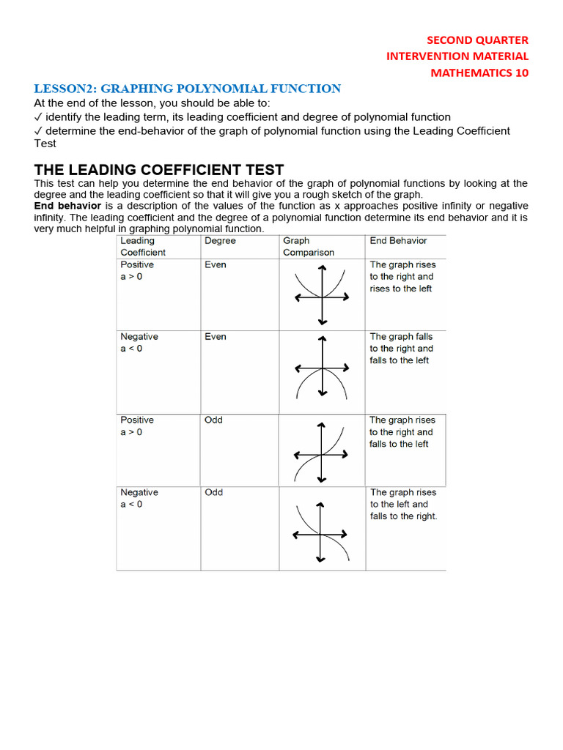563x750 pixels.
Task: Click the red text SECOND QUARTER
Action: [x=477, y=40]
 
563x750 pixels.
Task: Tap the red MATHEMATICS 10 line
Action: [x=479, y=73]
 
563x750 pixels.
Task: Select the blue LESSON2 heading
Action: [x=188, y=89]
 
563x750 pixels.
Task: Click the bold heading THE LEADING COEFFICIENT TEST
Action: [x=159, y=170]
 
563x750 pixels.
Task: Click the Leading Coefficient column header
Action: [x=143, y=246]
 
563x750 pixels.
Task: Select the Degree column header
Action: [x=220, y=241]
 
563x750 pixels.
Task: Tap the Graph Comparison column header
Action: [x=309, y=246]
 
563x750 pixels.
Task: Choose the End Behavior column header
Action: [x=398, y=241]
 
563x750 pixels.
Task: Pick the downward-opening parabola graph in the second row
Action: [x=321, y=371]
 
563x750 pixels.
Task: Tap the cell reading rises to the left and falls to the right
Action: [x=403, y=505]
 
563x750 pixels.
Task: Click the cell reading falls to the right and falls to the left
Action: [x=402, y=349]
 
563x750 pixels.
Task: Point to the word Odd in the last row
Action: [x=213, y=493]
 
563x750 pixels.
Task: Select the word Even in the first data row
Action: [x=216, y=265]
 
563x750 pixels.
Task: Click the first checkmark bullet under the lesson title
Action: [x=39, y=117]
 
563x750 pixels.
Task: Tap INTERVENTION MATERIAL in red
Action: [x=457, y=56]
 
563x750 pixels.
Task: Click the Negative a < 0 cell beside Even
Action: [x=139, y=343]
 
